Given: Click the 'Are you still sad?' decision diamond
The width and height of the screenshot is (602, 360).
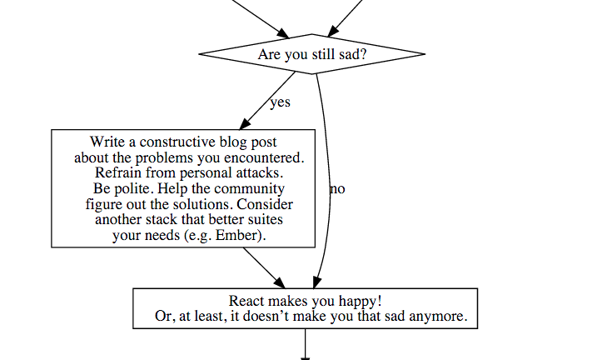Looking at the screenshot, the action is [311, 54].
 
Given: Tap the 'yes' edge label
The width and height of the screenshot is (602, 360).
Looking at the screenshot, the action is [281, 102].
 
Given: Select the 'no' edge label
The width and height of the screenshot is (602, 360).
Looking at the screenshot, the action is [337, 188].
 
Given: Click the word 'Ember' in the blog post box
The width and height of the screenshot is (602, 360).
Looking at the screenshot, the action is [236, 235].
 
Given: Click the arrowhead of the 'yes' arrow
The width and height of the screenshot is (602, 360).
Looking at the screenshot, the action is [245, 124].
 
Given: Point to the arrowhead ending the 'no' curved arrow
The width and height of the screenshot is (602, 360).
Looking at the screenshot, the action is [316, 282].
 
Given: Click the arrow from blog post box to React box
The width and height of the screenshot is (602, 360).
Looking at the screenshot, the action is [264, 267].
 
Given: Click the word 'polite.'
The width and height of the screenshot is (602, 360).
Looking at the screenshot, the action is [134, 188].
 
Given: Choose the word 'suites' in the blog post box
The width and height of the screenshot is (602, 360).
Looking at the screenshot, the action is [266, 219].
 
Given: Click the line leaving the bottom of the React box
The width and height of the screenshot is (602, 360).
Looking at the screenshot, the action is [306, 344].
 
